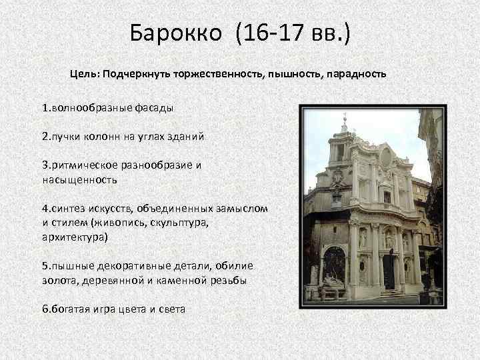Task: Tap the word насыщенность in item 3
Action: coord(79,179)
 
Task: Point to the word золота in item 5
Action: coord(59,281)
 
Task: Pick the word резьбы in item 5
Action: coord(229,281)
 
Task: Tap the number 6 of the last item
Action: coord(44,309)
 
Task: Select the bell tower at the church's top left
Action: coord(343,143)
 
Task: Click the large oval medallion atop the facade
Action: coord(385,158)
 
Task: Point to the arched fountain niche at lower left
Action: coord(334,267)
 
